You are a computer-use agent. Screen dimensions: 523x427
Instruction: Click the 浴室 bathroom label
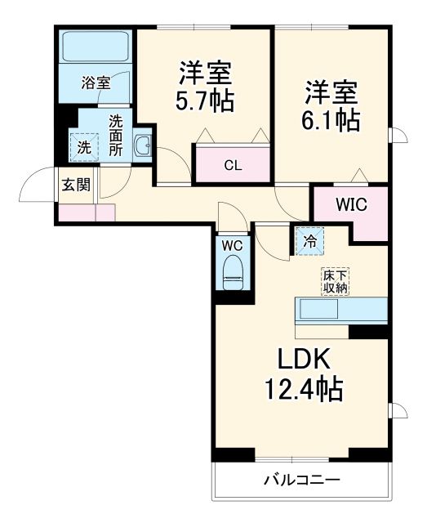coord(95,83)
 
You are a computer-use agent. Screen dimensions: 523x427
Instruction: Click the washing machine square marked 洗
coord(84,148)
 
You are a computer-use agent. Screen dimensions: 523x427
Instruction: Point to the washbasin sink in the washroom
coord(142,146)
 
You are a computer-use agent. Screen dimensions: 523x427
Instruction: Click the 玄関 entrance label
coord(76,185)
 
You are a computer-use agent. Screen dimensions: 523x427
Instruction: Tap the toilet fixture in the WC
coord(233,270)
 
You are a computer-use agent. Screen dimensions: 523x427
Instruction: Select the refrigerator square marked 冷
coord(310,240)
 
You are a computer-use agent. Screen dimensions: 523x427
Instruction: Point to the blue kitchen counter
coord(340,311)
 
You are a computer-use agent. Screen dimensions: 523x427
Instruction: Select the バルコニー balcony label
coord(300,480)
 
